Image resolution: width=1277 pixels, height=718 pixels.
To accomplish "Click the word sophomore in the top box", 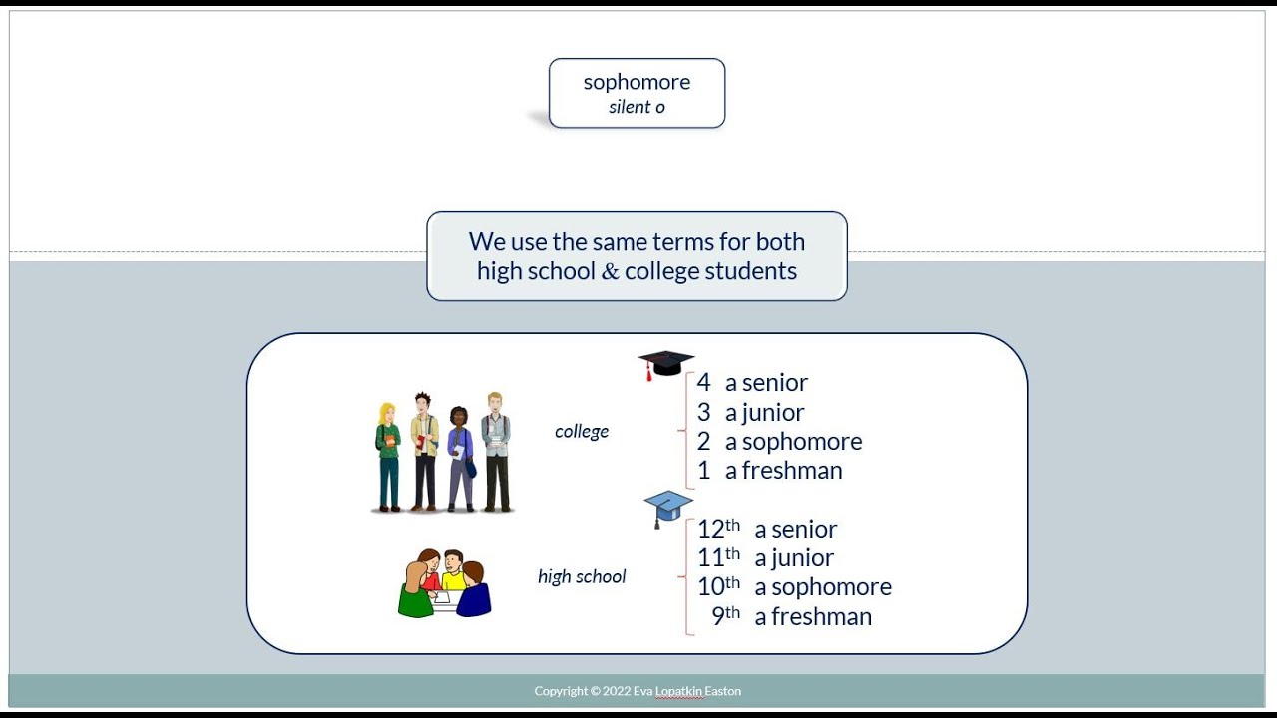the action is (637, 83).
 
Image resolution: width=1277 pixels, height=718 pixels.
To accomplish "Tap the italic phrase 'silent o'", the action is (637, 107).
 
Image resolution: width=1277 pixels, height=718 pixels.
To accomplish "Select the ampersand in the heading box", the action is (610, 270).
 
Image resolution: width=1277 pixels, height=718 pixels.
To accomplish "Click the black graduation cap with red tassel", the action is (665, 365).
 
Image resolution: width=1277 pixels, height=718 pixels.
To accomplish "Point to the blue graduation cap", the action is (668, 508).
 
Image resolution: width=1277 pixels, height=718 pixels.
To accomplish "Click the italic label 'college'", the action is (582, 431).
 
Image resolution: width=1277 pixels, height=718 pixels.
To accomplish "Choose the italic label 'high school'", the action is (582, 576).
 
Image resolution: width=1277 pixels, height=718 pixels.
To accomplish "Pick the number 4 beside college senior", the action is (704, 382).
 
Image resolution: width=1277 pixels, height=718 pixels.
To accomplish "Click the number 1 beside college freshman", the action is (704, 470).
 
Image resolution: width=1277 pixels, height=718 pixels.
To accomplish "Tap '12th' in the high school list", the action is (719, 529).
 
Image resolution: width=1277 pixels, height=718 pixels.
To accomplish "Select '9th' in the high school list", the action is (725, 615).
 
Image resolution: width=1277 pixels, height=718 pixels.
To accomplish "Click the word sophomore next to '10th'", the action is (832, 587).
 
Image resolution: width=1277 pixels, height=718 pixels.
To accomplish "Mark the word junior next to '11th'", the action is (803, 558).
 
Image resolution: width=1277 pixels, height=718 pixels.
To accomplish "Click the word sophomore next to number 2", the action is (802, 442).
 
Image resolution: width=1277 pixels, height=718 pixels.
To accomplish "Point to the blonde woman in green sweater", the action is (388, 456).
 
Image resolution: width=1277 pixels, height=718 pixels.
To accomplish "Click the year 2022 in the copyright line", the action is (617, 691).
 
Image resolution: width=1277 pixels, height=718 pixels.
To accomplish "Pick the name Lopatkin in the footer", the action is (678, 692).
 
